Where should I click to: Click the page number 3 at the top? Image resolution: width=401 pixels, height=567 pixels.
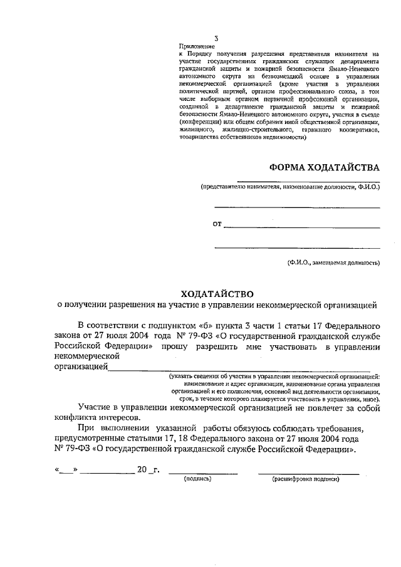[181, 39]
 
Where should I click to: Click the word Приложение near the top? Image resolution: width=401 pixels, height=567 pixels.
[196, 46]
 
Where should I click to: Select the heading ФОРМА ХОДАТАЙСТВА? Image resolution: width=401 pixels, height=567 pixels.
[325, 167]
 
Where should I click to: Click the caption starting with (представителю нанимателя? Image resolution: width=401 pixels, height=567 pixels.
[290, 187]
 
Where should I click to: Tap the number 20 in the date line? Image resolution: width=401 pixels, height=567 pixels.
[142, 469]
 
